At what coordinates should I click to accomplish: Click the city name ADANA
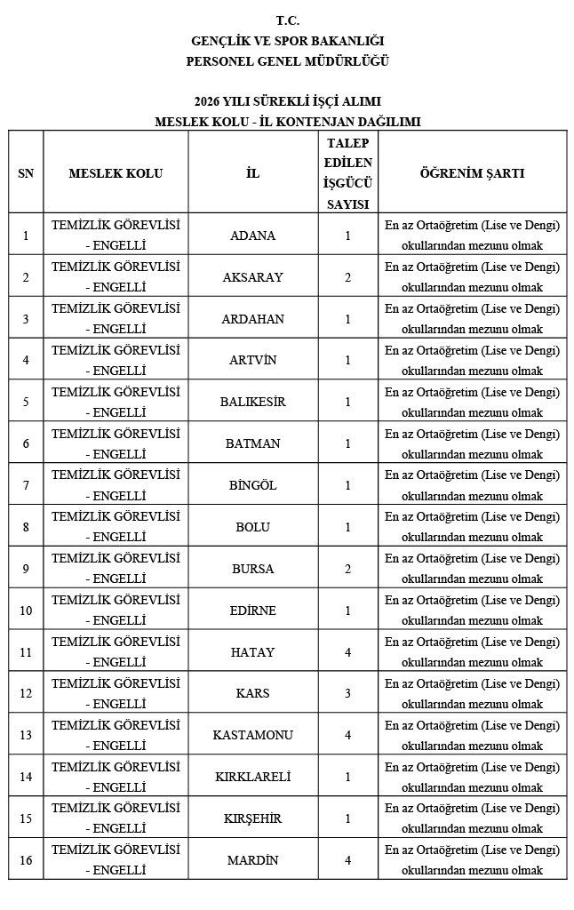tap(252, 235)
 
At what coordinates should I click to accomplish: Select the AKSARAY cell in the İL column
tap(252, 277)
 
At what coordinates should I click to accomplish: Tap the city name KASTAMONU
tap(252, 735)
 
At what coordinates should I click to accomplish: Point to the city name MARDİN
tap(252, 859)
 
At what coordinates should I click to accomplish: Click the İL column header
tap(252, 173)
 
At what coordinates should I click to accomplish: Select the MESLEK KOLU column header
tap(116, 173)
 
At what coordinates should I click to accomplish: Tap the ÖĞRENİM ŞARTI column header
tap(472, 173)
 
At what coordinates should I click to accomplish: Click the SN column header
tap(26, 173)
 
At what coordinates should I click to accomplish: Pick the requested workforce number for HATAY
tap(348, 652)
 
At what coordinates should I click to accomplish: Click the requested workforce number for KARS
tap(348, 693)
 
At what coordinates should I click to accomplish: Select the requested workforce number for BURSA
tap(348, 569)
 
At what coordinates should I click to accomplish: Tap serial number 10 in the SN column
tap(26, 611)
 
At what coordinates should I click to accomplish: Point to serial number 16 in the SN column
tap(26, 859)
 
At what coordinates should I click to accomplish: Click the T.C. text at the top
tap(287, 19)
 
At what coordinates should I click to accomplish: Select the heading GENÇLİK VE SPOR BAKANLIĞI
tap(287, 40)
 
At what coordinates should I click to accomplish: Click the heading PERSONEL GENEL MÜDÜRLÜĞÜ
tap(287, 60)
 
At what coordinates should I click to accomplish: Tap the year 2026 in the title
tap(207, 101)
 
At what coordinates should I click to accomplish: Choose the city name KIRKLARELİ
tap(252, 777)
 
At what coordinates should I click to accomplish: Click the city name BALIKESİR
tap(252, 402)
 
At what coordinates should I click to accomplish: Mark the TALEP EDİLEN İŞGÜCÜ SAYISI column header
tap(348, 173)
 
